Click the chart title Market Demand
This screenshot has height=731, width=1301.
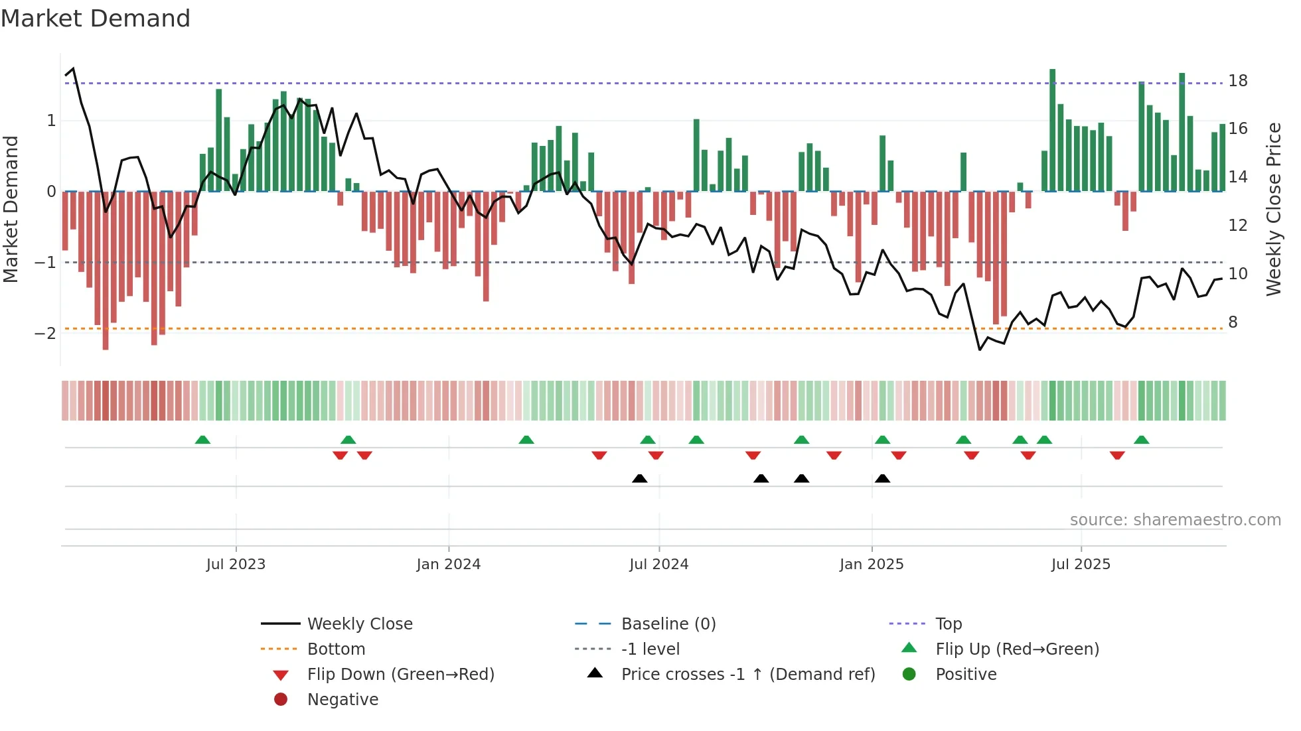pyautogui.click(x=96, y=19)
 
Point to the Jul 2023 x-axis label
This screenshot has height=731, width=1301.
pyautogui.click(x=236, y=565)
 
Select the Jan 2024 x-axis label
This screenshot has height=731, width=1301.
pyautogui.click(x=448, y=565)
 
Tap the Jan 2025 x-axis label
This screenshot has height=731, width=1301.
pyautogui.click(x=871, y=565)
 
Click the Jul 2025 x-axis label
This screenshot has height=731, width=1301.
pyautogui.click(x=1081, y=565)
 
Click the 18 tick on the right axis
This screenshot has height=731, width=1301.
pyautogui.click(x=1237, y=81)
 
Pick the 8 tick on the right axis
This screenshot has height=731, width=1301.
pyautogui.click(x=1233, y=322)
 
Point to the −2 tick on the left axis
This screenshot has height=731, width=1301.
pyautogui.click(x=46, y=333)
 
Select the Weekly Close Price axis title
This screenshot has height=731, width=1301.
pyautogui.click(x=1273, y=209)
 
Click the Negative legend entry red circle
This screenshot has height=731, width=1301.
pyautogui.click(x=281, y=700)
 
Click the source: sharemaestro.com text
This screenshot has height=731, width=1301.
pyautogui.click(x=1175, y=520)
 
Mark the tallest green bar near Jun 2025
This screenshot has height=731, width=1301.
pyautogui.click(x=1052, y=129)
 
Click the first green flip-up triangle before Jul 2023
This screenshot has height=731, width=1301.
pyautogui.click(x=202, y=440)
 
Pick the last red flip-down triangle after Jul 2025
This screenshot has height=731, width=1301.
pyautogui.click(x=1117, y=455)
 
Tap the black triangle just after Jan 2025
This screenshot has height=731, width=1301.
pyautogui.click(x=882, y=478)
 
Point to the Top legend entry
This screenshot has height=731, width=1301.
pyautogui.click(x=948, y=624)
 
